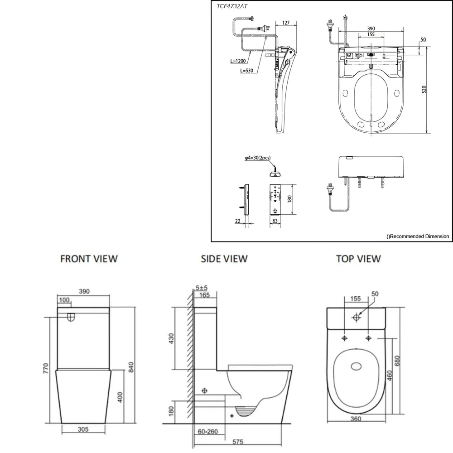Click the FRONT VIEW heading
(89, 259)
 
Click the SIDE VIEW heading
(225, 259)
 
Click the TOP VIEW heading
(358, 259)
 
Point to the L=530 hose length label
(247, 71)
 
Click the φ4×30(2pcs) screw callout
(258, 158)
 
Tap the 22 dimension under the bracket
(238, 221)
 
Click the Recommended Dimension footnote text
(417, 236)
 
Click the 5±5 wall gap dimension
(202, 287)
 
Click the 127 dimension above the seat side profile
(286, 23)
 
